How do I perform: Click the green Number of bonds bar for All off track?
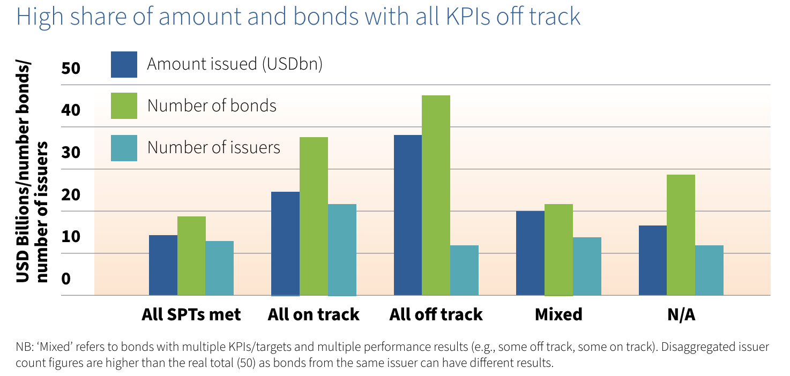[436, 195]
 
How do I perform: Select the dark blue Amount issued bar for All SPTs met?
[163, 265]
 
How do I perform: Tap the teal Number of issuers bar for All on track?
[342, 250]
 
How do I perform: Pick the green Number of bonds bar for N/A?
[681, 235]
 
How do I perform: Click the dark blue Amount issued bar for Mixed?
[530, 253]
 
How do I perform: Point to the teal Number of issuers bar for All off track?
[464, 270]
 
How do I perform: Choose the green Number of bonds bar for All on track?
[314, 216]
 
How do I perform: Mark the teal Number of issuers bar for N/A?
[709, 270]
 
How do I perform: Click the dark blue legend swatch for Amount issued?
[124, 64]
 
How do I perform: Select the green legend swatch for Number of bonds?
[124, 106]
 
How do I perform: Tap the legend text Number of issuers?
[214, 147]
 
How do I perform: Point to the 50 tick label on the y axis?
[71, 69]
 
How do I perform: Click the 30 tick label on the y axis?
[71, 153]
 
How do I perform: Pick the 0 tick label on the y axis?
[66, 279]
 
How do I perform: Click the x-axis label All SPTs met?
[191, 314]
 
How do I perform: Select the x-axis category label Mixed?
[558, 314]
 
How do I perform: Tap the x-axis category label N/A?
[681, 314]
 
